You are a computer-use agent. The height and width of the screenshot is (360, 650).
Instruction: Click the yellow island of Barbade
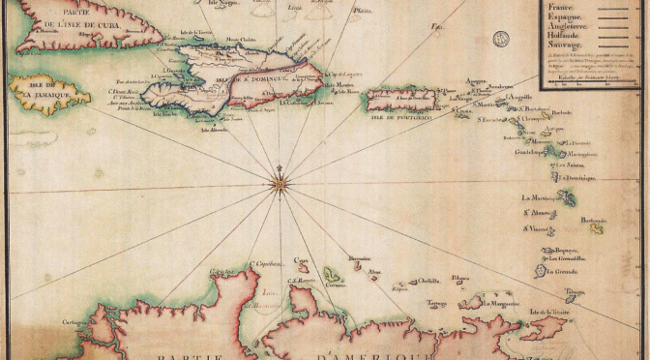(597, 228)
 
